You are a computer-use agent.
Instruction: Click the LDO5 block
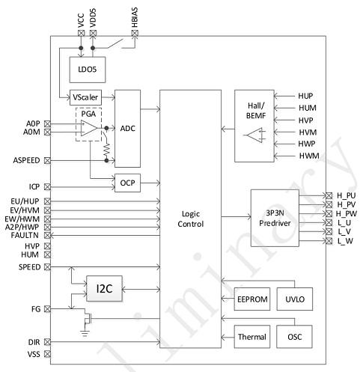[x=88, y=70]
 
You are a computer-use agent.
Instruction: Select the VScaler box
[x=85, y=97]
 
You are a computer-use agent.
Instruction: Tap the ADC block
[x=127, y=129]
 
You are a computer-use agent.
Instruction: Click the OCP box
[x=127, y=183]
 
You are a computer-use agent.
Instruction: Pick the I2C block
[x=104, y=288]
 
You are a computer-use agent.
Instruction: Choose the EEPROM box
[x=252, y=299]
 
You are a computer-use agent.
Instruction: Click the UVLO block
[x=295, y=299]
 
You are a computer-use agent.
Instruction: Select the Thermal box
[x=252, y=337]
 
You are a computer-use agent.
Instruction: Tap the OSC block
[x=294, y=337]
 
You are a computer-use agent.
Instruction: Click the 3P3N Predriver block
[x=275, y=218]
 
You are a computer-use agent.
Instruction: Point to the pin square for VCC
[x=81, y=33]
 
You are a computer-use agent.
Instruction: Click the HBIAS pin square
[x=135, y=33]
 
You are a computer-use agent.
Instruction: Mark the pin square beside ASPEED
[x=47, y=160]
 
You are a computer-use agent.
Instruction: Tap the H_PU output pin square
[x=329, y=195]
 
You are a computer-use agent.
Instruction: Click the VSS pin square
[x=47, y=354]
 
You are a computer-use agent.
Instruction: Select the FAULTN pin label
[x=25, y=235]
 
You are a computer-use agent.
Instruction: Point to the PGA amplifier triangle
[x=88, y=128]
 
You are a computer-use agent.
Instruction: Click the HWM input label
[x=309, y=156]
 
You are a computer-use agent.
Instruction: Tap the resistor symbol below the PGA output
[x=107, y=149]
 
